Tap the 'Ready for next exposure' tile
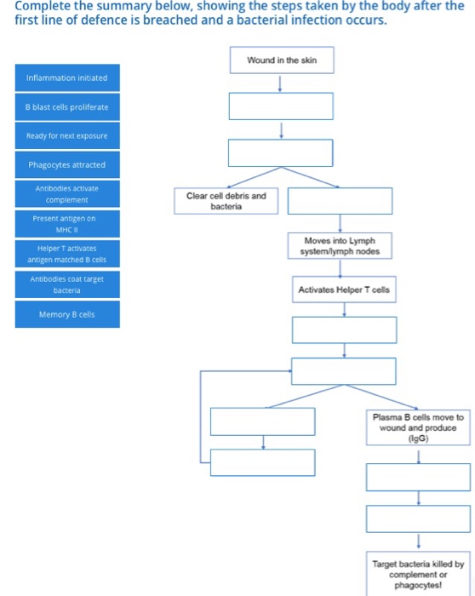click(x=66, y=136)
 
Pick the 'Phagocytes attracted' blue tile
click(x=66, y=164)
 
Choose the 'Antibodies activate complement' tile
click(x=66, y=193)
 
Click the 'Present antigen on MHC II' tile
click(x=66, y=223)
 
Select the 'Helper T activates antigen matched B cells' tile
click(x=66, y=253)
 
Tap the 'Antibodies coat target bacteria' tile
click(x=66, y=284)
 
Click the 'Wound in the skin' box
click(x=281, y=60)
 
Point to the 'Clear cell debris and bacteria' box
click(x=226, y=201)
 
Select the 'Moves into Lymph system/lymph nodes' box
click(x=340, y=246)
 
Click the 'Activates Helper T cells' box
click(x=344, y=290)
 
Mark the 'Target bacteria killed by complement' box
click(x=419, y=575)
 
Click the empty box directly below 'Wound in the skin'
click(x=281, y=106)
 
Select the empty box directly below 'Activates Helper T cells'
click(x=344, y=330)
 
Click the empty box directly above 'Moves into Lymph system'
click(x=340, y=201)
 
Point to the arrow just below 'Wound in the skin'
click(x=281, y=83)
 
